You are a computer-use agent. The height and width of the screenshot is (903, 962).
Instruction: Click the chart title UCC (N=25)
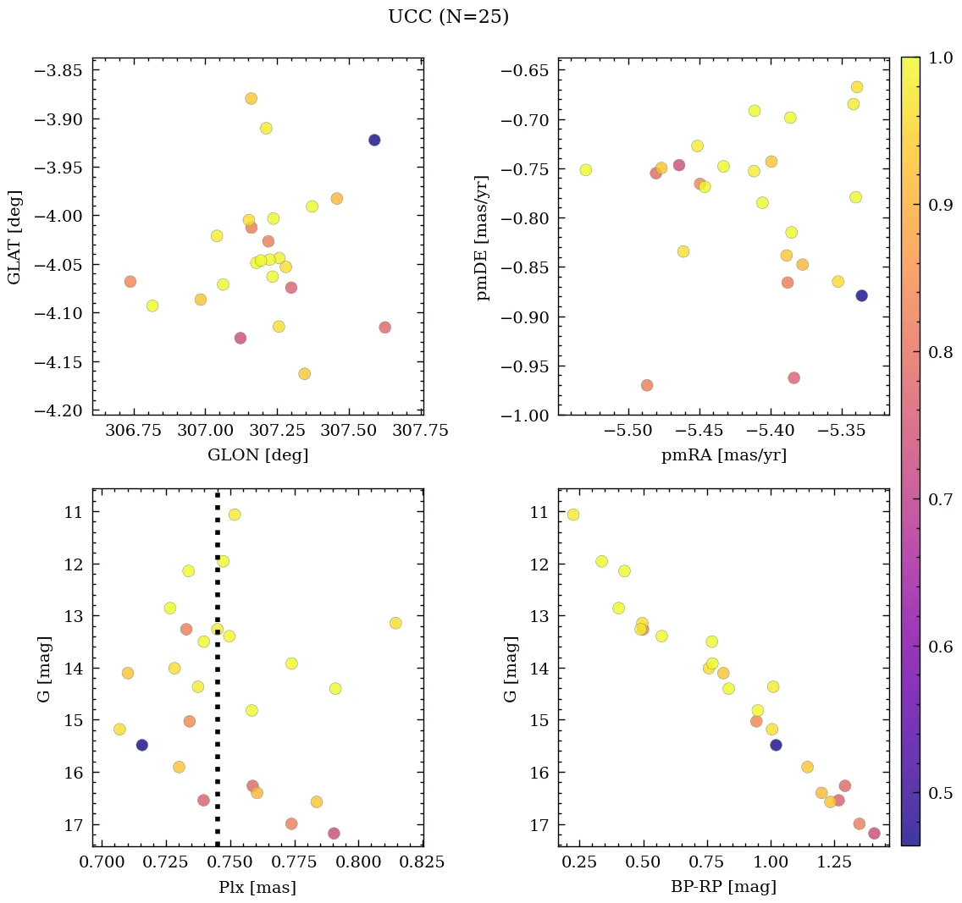click(448, 17)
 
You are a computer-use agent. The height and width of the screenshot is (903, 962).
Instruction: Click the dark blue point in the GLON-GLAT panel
click(374, 140)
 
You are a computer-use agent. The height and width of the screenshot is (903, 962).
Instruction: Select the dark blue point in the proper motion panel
click(861, 295)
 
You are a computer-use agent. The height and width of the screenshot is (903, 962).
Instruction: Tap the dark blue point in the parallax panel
click(142, 745)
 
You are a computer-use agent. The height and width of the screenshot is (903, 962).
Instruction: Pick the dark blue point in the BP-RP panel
click(776, 745)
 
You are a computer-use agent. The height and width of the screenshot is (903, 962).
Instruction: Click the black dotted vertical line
click(218, 677)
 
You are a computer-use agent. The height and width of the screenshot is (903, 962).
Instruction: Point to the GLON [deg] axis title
click(257, 455)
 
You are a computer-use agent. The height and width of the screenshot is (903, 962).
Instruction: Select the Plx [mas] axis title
click(257, 888)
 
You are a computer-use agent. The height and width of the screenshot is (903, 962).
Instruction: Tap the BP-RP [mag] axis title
click(723, 888)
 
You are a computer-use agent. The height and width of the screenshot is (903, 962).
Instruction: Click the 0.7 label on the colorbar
click(940, 500)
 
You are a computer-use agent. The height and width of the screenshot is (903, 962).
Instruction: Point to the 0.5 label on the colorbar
click(940, 793)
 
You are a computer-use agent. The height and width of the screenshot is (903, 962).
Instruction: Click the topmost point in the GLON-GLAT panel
click(251, 98)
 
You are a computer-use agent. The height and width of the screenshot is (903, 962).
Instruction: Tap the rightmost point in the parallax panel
click(395, 623)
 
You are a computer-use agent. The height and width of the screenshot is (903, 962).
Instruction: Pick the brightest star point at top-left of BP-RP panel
click(573, 515)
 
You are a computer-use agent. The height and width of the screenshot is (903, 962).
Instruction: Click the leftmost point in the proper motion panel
click(585, 170)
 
